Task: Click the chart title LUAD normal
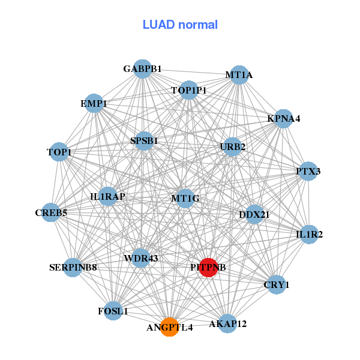click(180, 25)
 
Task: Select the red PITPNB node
click(208, 267)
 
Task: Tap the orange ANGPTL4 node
click(170, 328)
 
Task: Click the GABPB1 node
click(142, 69)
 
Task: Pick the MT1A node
click(239, 75)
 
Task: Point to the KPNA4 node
click(284, 118)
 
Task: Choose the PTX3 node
click(308, 172)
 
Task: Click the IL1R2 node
click(309, 234)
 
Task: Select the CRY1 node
click(277, 284)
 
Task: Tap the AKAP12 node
click(227, 324)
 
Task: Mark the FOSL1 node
click(113, 311)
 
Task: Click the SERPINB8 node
click(73, 267)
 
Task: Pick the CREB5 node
click(51, 212)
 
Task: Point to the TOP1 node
click(59, 152)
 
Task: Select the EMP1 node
click(94, 103)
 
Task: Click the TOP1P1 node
click(188, 91)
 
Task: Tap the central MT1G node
click(185, 198)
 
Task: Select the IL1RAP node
click(108, 196)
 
